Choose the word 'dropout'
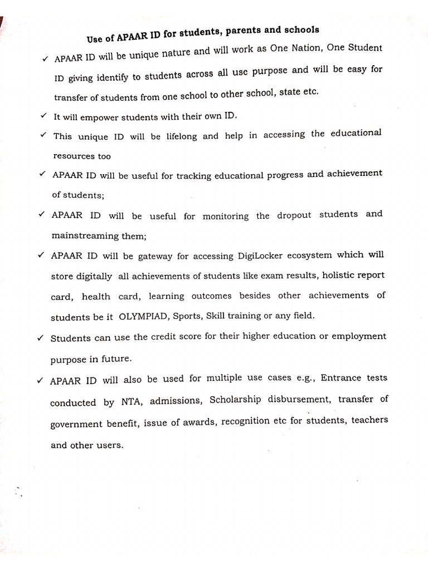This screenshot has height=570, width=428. (x=294, y=215)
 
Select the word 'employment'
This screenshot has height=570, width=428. (x=360, y=336)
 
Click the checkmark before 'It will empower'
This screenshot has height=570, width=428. (x=43, y=116)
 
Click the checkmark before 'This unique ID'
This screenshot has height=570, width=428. (x=42, y=135)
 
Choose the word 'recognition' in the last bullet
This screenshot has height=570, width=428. (x=246, y=421)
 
